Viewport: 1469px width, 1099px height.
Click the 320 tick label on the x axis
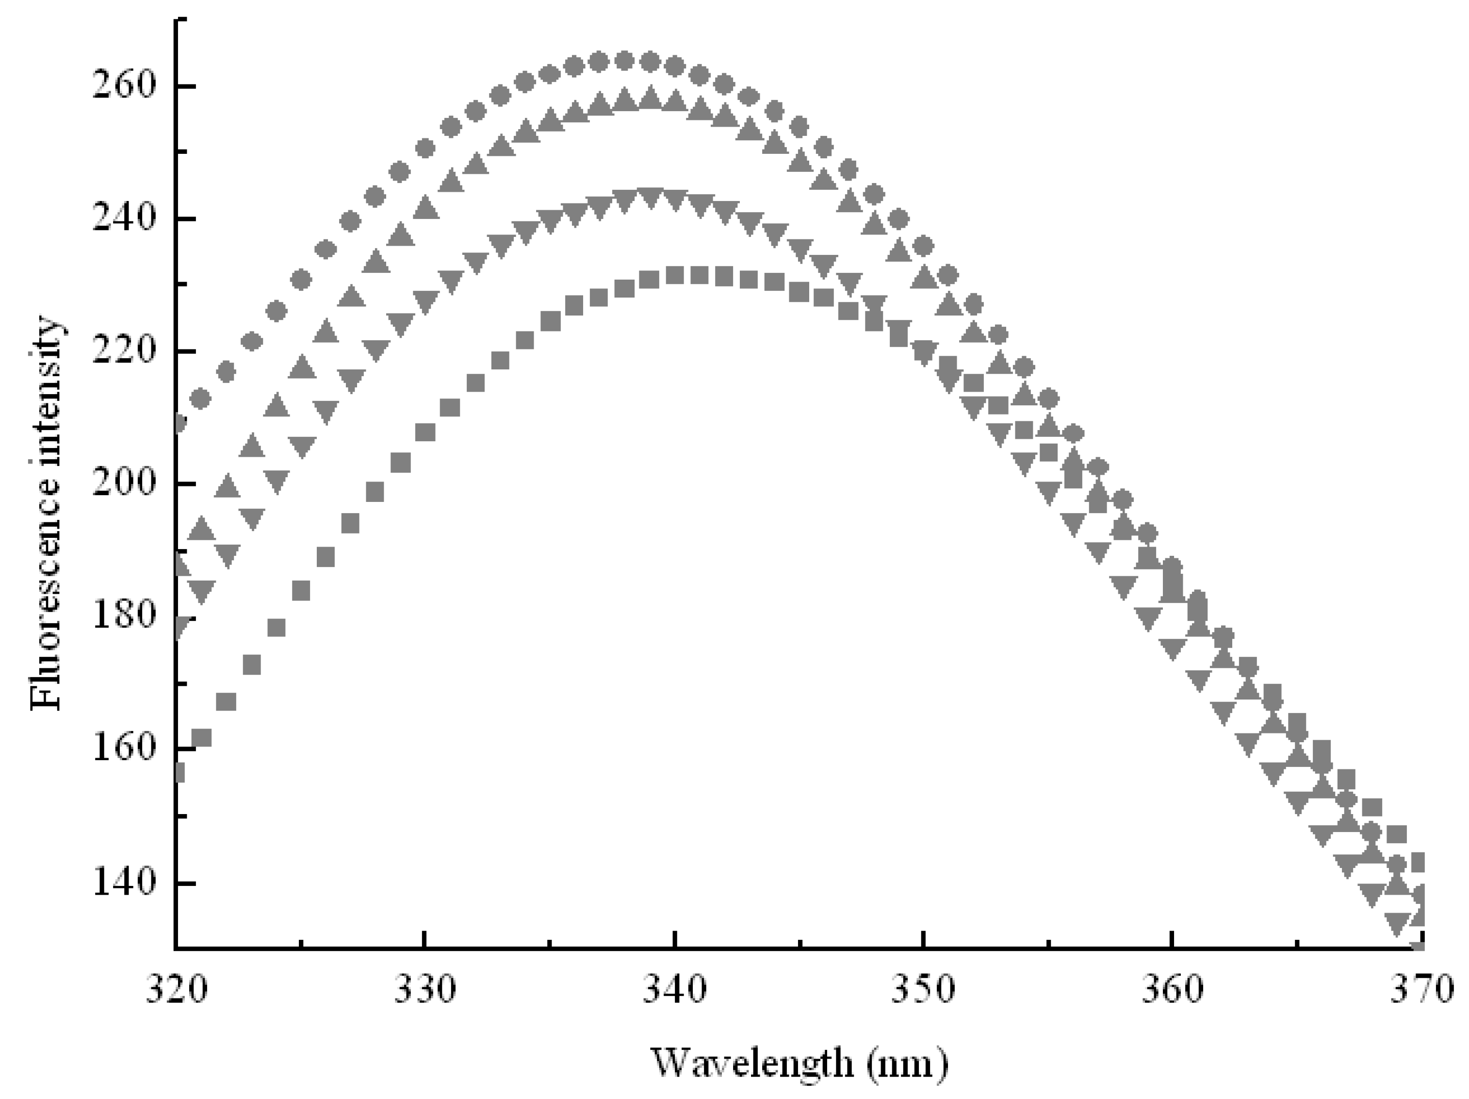tap(177, 990)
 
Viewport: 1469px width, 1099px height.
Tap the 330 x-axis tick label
tap(425, 990)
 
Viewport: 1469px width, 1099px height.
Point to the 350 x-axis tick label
tap(924, 990)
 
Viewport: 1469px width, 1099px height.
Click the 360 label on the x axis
tap(1173, 990)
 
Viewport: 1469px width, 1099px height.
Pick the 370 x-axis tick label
tap(1421, 990)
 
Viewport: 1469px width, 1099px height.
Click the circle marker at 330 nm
tap(425, 149)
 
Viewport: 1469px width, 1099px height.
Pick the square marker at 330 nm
tap(425, 433)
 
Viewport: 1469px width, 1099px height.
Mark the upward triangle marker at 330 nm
tap(425, 209)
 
